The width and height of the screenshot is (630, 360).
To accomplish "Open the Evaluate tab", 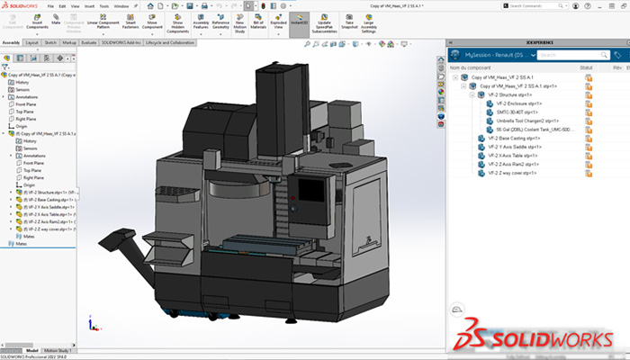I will [x=88, y=42].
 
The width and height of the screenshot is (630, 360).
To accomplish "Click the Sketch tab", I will [x=50, y=42].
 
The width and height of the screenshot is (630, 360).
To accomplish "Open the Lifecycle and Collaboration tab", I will [x=170, y=42].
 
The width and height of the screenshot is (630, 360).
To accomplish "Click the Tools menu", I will [x=105, y=5].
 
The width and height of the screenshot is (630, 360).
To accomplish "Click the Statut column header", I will [x=586, y=67].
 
